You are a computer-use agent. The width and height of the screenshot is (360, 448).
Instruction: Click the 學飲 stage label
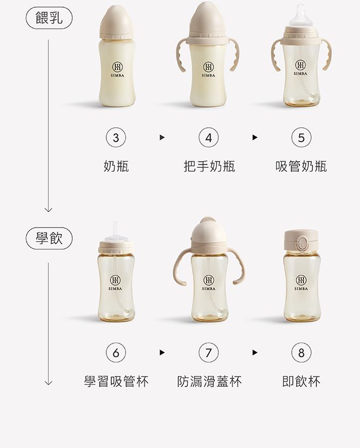click(49, 239)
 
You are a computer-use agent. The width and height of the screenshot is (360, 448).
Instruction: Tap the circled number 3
click(116, 138)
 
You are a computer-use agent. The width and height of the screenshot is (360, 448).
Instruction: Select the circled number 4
click(208, 138)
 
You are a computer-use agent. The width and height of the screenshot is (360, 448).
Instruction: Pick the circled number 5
click(301, 138)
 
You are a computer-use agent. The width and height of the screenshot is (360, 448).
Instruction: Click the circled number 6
click(116, 352)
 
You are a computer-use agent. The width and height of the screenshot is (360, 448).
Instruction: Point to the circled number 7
click(208, 352)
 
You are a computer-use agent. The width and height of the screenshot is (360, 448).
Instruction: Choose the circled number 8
click(301, 352)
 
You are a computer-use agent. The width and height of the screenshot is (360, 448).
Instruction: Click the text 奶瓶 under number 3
click(116, 166)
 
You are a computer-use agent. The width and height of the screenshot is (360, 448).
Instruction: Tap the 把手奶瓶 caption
click(209, 166)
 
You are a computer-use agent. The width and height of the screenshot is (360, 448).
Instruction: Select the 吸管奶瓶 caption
click(301, 166)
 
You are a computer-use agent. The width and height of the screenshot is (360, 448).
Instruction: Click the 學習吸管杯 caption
click(116, 381)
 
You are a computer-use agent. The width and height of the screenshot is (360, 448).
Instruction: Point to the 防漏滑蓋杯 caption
click(209, 381)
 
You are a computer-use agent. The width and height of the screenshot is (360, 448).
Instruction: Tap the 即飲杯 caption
click(301, 381)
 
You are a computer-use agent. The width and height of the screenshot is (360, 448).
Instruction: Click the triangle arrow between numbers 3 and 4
click(162, 138)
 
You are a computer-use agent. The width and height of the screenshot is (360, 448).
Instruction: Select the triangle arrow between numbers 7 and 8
click(255, 352)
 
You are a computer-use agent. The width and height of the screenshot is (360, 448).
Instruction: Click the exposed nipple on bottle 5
click(301, 14)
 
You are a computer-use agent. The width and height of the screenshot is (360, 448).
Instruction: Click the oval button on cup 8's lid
click(304, 244)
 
